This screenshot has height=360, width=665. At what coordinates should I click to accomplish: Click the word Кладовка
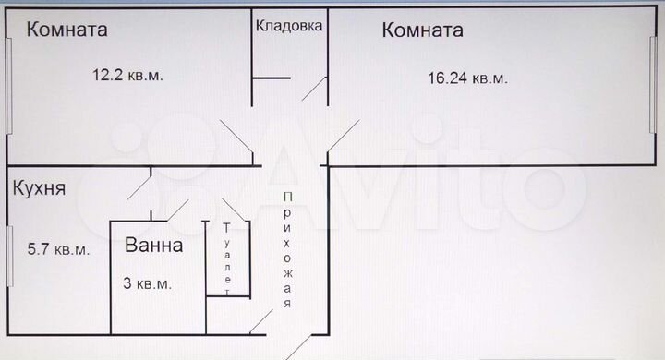289,26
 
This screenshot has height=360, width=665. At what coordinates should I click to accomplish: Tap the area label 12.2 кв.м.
127,76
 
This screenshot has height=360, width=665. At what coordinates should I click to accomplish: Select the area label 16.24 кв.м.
467,78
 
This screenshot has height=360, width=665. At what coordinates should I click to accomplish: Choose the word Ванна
154,246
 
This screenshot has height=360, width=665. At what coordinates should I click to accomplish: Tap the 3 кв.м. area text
147,283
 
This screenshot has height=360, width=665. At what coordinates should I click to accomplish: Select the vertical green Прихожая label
288,249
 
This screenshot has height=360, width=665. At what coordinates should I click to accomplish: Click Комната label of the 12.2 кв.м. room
66,30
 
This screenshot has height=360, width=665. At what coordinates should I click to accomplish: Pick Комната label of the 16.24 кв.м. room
422,30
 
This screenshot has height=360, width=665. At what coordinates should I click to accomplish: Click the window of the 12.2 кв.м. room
7,87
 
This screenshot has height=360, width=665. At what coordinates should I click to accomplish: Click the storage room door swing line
315,90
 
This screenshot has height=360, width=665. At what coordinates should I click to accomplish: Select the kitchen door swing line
139,184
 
